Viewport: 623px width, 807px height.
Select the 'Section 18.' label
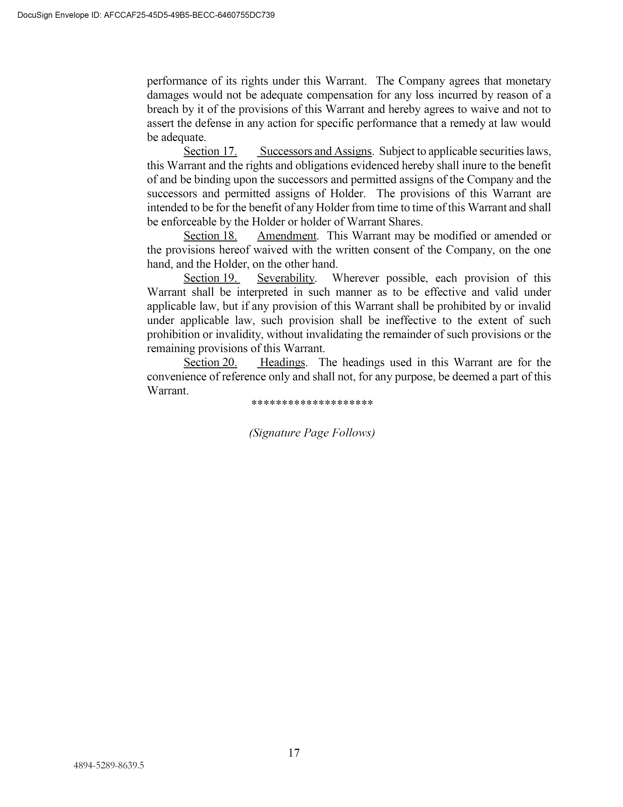pos(210,236)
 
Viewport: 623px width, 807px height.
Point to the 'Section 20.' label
pos(210,362)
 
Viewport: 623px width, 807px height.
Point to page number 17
pos(294,752)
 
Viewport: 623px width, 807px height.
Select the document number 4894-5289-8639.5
pos(109,765)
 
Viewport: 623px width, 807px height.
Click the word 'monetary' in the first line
pos(528,81)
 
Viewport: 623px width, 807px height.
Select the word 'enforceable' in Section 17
pos(189,222)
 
